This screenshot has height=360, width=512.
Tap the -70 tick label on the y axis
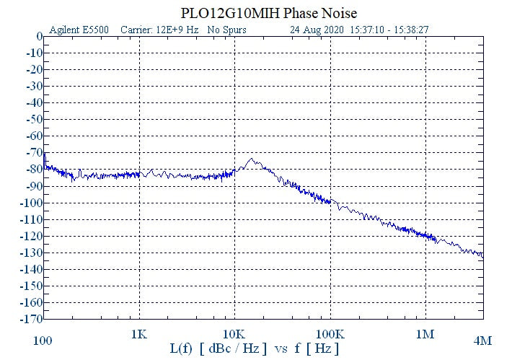[32, 153]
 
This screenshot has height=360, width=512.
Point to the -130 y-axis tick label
[30, 253]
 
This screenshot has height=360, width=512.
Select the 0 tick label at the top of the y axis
[39, 37]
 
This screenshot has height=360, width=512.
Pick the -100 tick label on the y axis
[30, 203]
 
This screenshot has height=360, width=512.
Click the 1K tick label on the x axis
[139, 335]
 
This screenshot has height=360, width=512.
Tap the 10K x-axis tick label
[234, 335]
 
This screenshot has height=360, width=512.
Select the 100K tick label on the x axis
[330, 335]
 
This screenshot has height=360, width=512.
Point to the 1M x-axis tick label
[425, 335]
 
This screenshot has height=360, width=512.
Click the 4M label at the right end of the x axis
[482, 340]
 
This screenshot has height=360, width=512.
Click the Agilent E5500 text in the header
[78, 30]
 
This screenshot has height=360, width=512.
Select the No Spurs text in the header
[226, 30]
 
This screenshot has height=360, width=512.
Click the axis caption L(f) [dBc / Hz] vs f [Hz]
[255, 348]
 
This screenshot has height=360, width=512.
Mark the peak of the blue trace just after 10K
[252, 159]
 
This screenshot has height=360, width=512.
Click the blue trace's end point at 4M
[482, 255]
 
